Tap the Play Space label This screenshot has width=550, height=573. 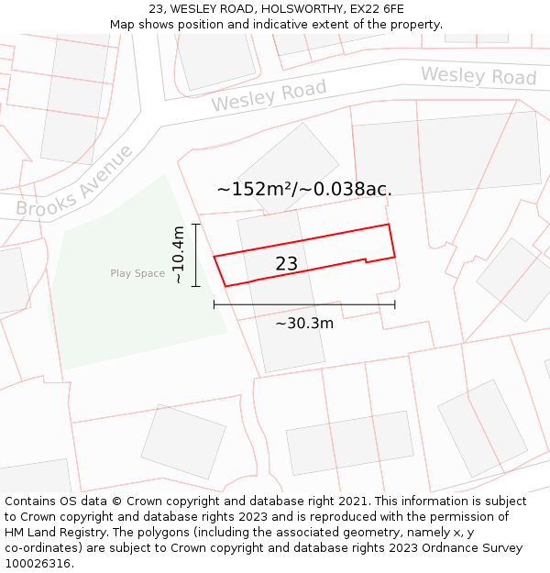(137, 273)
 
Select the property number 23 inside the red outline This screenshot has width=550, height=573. (286, 264)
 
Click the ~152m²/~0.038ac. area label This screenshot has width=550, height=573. (304, 190)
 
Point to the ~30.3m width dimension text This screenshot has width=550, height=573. (304, 323)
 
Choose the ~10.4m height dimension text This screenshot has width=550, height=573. (179, 254)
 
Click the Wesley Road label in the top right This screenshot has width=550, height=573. (478, 75)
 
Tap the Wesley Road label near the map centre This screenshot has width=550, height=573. (269, 95)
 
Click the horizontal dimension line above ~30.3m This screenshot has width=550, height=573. (304, 304)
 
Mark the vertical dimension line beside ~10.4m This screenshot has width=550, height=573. (196, 255)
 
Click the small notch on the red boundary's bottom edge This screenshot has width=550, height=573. (367, 261)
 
